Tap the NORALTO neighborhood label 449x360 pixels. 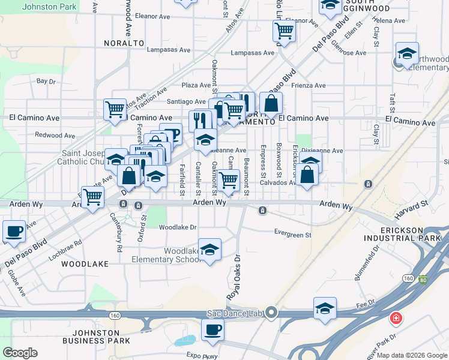click(x=124, y=43)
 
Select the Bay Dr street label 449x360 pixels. click(x=46, y=80)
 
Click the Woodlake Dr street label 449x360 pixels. click(x=178, y=227)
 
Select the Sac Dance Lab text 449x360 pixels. click(x=235, y=313)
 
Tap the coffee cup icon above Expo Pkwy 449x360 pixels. click(x=212, y=329)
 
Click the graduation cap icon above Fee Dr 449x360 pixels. click(x=325, y=308)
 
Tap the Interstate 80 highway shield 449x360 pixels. click(x=424, y=279)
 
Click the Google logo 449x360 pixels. click(x=21, y=353)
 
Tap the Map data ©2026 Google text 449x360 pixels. click(x=412, y=355)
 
